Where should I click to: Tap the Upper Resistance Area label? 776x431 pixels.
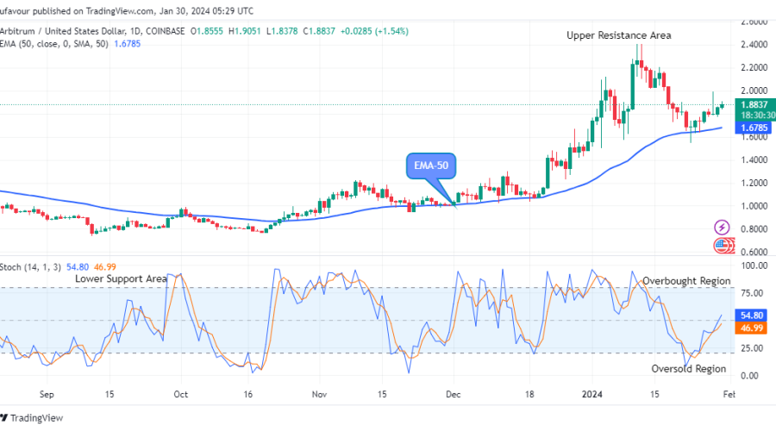[618, 35]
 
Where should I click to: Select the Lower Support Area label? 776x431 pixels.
[120, 279]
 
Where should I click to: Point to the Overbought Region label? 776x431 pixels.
[686, 281]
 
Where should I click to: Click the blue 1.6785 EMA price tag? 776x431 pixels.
[752, 128]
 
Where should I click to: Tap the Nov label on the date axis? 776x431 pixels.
[319, 394]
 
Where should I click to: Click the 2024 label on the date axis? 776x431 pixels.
[591, 394]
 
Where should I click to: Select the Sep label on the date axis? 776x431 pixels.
[47, 394]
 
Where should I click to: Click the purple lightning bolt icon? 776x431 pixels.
[723, 228]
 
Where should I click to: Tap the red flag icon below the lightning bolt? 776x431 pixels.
[723, 246]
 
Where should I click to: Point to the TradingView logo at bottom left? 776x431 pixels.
[39, 419]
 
